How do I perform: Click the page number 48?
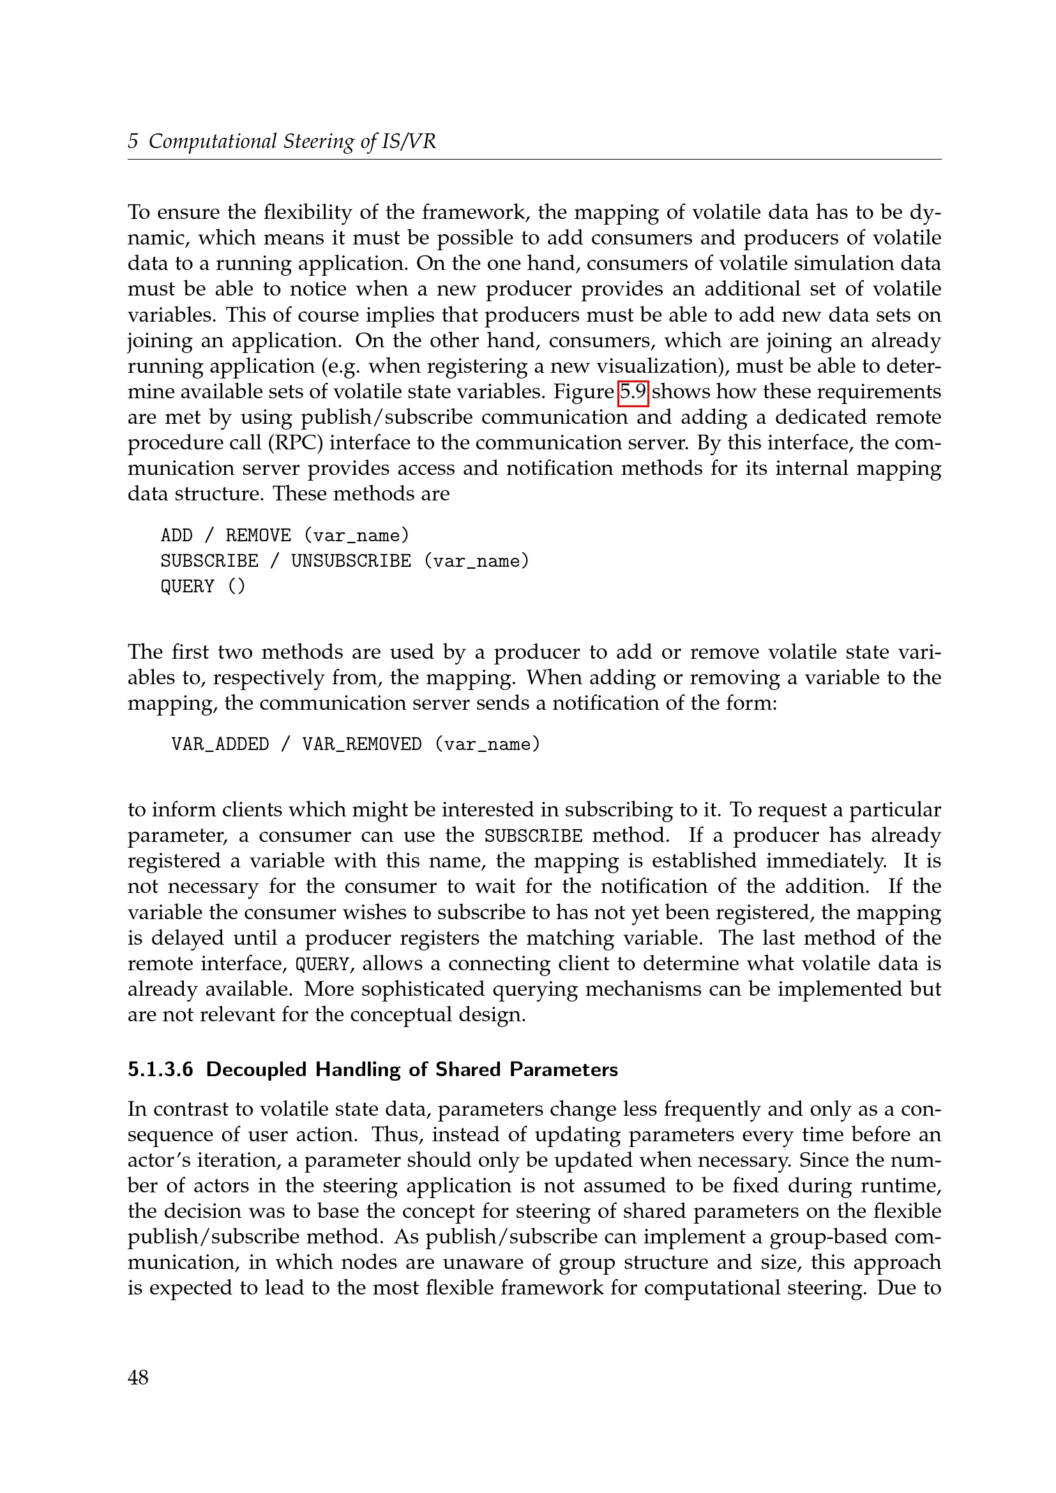(x=138, y=1377)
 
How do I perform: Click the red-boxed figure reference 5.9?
(x=633, y=392)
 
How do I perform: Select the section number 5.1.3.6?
(x=161, y=1070)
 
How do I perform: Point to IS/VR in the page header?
(x=409, y=141)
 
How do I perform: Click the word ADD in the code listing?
(x=176, y=535)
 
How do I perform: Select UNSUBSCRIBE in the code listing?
(x=351, y=560)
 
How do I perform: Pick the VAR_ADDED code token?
(x=220, y=744)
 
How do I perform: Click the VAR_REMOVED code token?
(x=361, y=744)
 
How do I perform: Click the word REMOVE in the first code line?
(x=258, y=535)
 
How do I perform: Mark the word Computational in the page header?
(x=213, y=141)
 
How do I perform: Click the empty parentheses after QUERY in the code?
(x=237, y=587)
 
